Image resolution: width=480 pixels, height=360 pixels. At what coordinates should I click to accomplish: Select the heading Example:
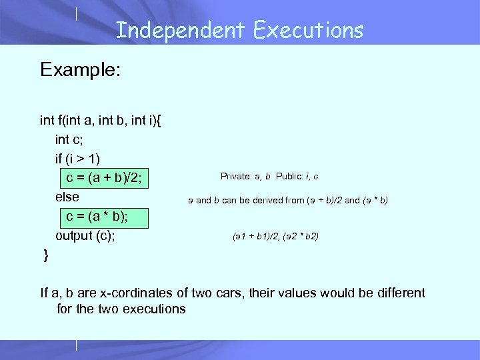click(x=80, y=70)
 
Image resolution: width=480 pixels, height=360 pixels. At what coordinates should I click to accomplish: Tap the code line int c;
click(x=71, y=139)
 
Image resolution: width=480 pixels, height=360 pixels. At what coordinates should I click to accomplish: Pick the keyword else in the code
click(x=67, y=197)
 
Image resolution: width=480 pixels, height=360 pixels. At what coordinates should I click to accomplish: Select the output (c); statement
click(x=85, y=236)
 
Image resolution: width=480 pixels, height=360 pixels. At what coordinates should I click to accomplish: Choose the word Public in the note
click(x=287, y=177)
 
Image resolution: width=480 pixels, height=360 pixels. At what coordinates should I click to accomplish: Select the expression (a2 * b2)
click(x=299, y=236)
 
